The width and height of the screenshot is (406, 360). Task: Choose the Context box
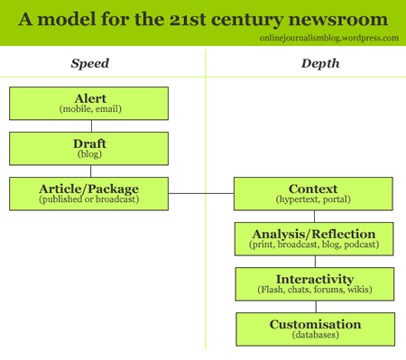(x=313, y=193)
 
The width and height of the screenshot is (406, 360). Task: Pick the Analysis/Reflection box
(x=313, y=238)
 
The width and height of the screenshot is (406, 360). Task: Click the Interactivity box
(x=313, y=283)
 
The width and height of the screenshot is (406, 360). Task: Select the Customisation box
(x=315, y=328)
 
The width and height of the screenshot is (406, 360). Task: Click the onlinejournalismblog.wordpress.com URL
(x=328, y=38)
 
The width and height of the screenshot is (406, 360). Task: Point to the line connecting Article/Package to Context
(x=200, y=193)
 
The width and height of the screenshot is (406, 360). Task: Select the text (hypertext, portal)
(x=313, y=198)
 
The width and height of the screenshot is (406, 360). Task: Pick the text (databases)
(x=315, y=335)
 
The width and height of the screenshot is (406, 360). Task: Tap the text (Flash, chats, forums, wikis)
(x=313, y=290)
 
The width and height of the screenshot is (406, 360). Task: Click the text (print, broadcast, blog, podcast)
(x=313, y=245)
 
